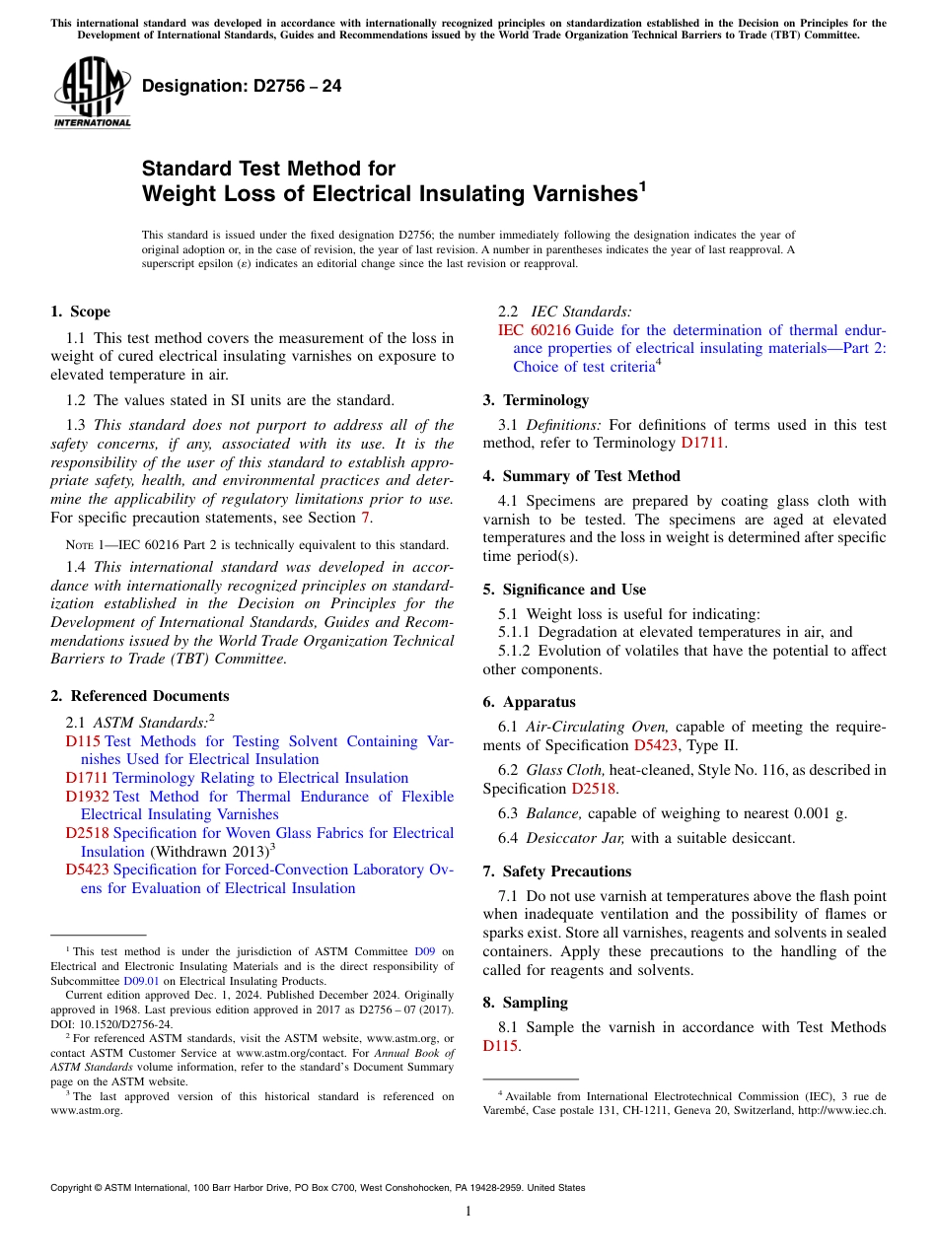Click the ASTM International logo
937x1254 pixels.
tap(92, 93)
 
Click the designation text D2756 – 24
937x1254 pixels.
tap(242, 86)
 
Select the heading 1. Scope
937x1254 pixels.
tap(80, 312)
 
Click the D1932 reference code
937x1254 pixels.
tap(88, 797)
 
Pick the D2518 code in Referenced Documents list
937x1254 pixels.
tap(88, 833)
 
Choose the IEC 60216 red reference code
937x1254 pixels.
tap(535, 330)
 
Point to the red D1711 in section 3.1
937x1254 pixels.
tap(702, 444)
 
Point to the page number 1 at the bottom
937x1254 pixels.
tap(468, 1212)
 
